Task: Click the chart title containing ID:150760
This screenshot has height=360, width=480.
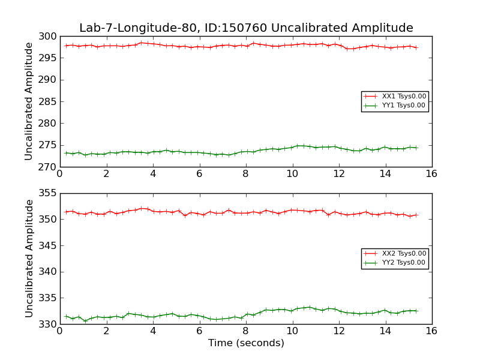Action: [x=246, y=28]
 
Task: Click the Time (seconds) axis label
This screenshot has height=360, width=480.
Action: [x=246, y=343]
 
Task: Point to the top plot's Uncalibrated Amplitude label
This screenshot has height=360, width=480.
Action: [x=29, y=101]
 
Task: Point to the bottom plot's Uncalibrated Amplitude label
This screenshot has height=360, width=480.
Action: [x=29, y=259]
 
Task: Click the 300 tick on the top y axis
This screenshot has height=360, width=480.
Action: [x=47, y=37]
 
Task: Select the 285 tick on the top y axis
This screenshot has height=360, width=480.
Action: [x=47, y=101]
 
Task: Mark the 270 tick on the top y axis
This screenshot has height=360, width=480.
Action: [x=47, y=167]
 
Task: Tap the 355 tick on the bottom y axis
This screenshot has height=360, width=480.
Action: [x=47, y=193]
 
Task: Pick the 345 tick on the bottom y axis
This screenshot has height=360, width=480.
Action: [x=47, y=245]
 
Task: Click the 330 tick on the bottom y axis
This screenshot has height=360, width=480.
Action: [x=47, y=324]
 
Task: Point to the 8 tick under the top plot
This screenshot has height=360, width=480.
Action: [x=246, y=175]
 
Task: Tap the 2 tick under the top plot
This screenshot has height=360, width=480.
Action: [x=106, y=175]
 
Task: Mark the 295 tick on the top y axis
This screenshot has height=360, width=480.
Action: [x=47, y=58]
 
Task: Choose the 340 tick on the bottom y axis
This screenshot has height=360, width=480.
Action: [x=47, y=272]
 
